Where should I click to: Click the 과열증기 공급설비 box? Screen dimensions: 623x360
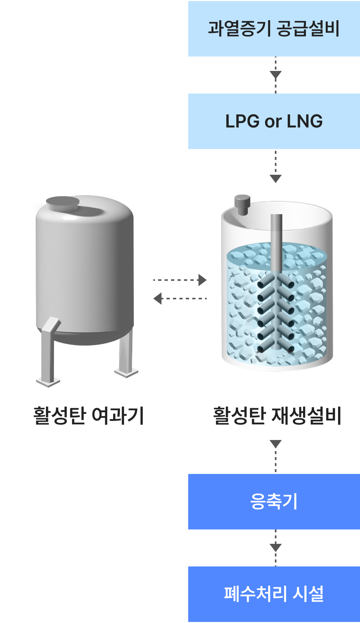point(274,29)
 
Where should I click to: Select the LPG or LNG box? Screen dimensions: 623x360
point(274,121)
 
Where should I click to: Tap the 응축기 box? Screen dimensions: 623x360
point(274,502)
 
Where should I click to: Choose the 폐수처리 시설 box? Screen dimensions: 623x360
point(274,594)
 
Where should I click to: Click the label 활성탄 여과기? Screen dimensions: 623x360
point(88,416)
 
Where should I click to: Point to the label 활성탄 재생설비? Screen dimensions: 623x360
point(277,416)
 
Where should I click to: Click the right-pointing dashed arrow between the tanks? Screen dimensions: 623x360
point(180,280)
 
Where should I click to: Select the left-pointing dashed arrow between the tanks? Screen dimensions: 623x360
point(180,298)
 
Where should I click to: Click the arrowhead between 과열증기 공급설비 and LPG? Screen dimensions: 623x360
point(276,75)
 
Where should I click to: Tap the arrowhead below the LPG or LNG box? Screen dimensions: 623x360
point(276,179)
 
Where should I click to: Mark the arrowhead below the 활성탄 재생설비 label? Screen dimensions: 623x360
point(276,444)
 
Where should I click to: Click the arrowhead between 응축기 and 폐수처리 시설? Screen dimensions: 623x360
point(276,547)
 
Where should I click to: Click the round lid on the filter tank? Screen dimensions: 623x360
point(63,204)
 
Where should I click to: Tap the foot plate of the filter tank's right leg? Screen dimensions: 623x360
point(127,372)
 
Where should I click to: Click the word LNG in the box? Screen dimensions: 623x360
point(305,121)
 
